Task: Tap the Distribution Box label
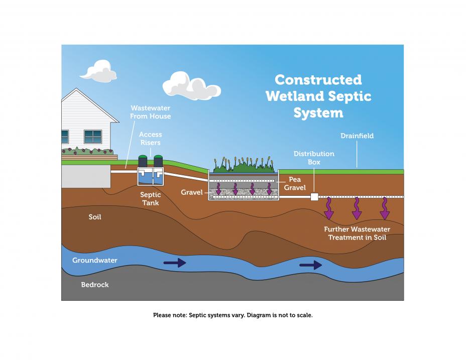(314, 158)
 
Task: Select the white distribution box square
(314, 197)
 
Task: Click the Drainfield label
(357, 136)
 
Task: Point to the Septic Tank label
(150, 199)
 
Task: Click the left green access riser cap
(143, 156)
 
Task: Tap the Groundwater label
(95, 261)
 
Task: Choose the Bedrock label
(95, 285)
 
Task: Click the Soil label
(95, 217)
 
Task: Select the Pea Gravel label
(295, 183)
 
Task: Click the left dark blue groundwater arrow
(175, 263)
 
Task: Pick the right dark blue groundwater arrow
(310, 265)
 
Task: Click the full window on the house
(93, 137)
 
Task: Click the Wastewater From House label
(150, 112)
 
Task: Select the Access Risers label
(150, 139)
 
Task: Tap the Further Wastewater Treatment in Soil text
(357, 233)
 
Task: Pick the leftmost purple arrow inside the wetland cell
(218, 189)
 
